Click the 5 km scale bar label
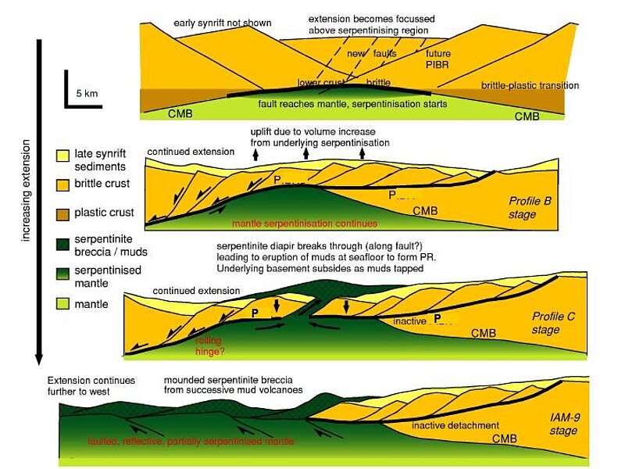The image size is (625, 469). (87, 93)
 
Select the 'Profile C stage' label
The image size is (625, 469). (553, 323)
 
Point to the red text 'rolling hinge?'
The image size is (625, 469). (209, 346)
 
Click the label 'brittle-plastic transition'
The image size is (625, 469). (530, 85)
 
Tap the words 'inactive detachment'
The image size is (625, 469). (455, 425)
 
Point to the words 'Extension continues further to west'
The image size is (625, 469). (91, 385)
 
